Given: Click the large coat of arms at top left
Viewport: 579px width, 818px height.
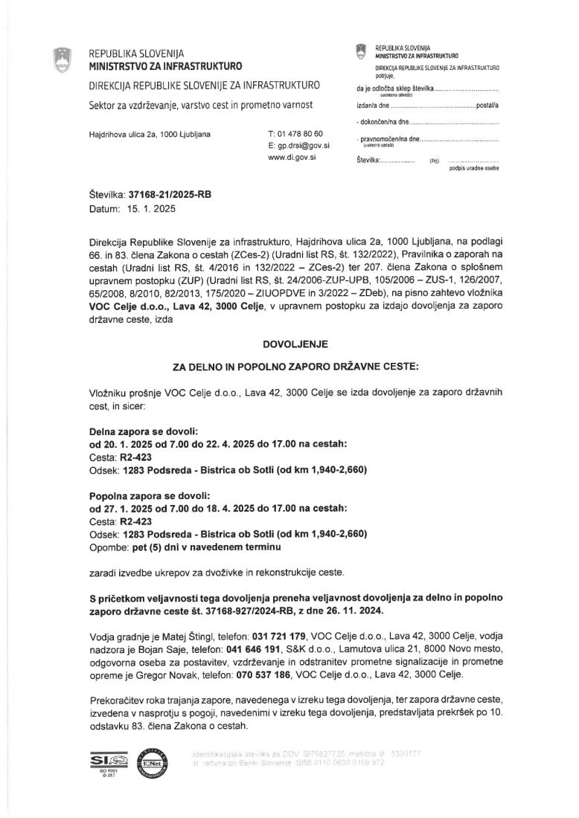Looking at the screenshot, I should [63, 59].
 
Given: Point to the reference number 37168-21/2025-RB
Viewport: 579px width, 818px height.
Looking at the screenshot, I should [170, 196].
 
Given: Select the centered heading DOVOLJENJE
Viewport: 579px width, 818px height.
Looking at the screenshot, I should [289, 344].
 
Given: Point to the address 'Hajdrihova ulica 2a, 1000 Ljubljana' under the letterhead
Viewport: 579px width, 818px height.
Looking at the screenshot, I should [149, 135].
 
